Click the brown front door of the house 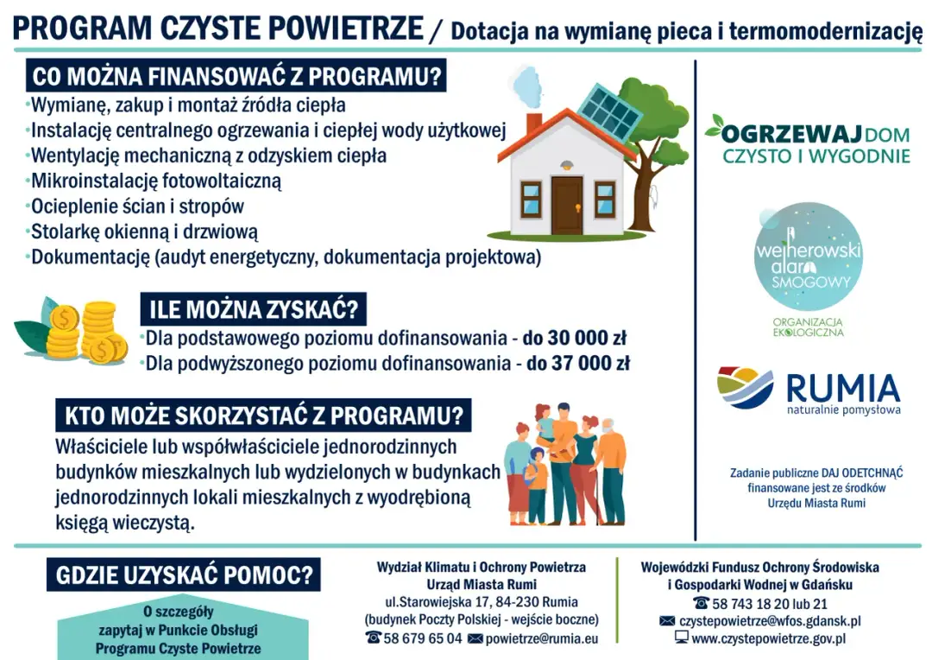pos(567,205)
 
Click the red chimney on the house pos(534,124)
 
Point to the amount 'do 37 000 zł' pos(578,364)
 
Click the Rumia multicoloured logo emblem pos(746,388)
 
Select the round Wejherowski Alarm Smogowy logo pos(808,257)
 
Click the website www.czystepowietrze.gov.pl pos(768,638)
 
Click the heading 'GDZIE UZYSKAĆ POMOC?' pos(183,574)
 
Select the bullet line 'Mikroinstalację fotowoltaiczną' pos(156,181)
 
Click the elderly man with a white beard pos(611,471)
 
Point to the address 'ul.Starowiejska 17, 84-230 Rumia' pos(481,602)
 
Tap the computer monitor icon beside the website pos(682,638)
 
